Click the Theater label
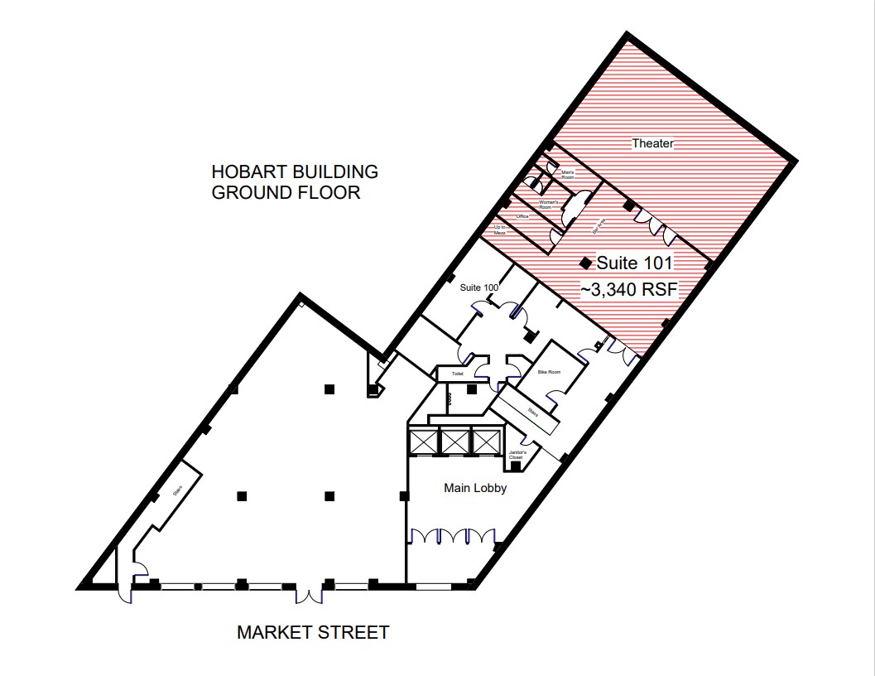[653, 143]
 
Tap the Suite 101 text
[635, 263]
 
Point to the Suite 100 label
[479, 287]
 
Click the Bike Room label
[549, 372]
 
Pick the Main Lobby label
[475, 488]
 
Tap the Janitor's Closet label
[518, 454]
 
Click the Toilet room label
[456, 374]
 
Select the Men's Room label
[568, 174]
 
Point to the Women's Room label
[550, 204]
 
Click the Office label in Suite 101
[522, 216]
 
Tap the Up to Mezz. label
[500, 230]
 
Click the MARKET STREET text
[313, 633]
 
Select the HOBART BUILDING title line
[295, 172]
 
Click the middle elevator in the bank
[454, 441]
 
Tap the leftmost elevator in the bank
[424, 441]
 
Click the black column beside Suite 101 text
[585, 263]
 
